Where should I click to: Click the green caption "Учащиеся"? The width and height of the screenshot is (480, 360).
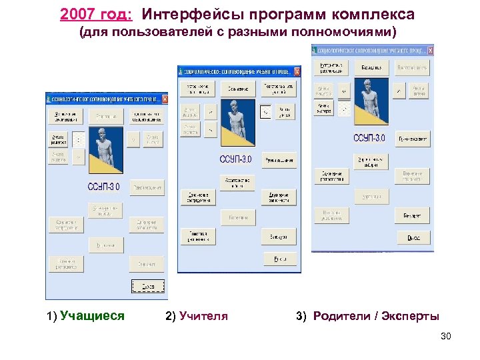point(92,316)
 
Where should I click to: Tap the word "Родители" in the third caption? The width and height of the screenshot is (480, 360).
point(342,316)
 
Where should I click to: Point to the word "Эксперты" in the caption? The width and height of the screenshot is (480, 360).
point(411,316)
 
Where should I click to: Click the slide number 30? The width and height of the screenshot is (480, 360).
point(446,336)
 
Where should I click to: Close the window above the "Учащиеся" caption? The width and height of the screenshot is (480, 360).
point(165,99)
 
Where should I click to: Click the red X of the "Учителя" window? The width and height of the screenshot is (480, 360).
point(297,71)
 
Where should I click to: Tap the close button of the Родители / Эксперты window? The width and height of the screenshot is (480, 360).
point(431,50)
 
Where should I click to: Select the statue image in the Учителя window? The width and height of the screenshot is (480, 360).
point(237,122)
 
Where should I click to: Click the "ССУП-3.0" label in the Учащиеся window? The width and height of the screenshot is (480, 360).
point(104,187)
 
